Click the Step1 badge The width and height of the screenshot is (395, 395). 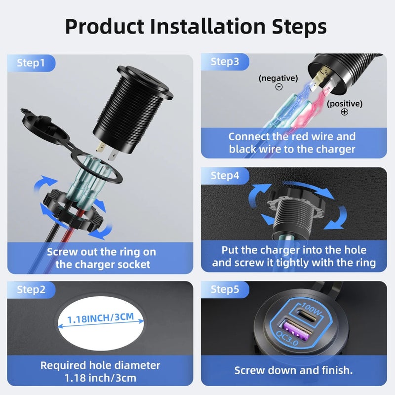click(x=31, y=63)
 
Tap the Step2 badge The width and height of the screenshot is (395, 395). click(x=31, y=290)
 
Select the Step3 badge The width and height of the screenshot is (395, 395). click(x=225, y=62)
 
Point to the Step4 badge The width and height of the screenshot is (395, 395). click(x=225, y=176)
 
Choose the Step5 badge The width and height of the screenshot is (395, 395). click(x=225, y=289)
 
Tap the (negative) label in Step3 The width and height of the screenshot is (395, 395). click(x=278, y=78)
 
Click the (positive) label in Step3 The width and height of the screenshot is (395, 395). click(x=345, y=104)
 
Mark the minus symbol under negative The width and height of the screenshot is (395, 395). click(x=279, y=87)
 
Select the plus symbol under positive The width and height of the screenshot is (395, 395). click(x=345, y=112)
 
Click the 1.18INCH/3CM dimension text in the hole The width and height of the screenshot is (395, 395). click(x=100, y=318)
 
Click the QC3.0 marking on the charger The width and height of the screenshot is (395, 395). click(x=287, y=338)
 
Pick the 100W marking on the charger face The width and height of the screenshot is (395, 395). click(x=312, y=309)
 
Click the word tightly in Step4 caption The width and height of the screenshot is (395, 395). click(x=292, y=263)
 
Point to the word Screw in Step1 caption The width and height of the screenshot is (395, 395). click(x=62, y=252)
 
